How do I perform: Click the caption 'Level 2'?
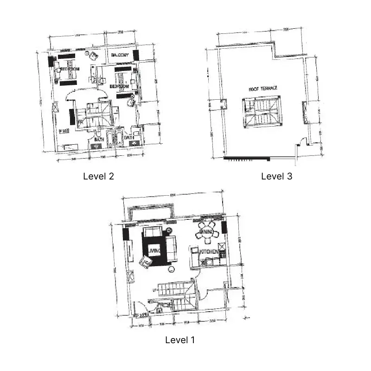click(98, 176)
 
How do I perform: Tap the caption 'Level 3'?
click(276, 176)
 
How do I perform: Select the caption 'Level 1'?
click(180, 340)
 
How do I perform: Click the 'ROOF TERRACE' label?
click(263, 88)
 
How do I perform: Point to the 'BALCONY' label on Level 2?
click(120, 56)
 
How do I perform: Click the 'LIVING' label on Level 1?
click(154, 251)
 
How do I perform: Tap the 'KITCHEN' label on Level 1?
click(209, 252)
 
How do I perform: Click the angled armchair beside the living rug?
click(145, 263)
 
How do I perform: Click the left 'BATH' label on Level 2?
click(99, 139)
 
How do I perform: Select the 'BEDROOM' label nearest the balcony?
click(119, 87)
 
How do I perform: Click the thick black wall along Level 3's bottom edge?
click(247, 159)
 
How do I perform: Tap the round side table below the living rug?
click(171, 269)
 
